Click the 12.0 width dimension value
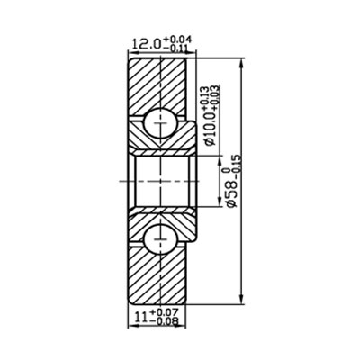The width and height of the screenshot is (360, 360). [146, 43]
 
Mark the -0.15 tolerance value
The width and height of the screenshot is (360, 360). [238, 163]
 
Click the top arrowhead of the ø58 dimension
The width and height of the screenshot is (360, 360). [244, 63]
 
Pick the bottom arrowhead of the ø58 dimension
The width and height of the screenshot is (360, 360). [244, 301]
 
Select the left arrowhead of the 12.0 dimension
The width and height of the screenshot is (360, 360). [129, 53]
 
